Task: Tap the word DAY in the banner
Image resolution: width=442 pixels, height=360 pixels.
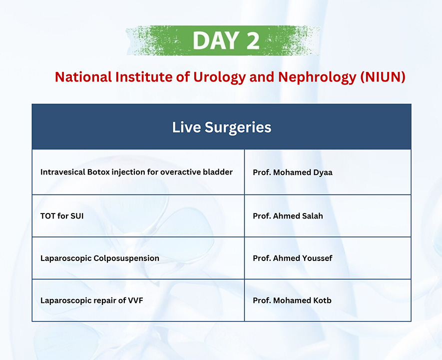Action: (x=216, y=40)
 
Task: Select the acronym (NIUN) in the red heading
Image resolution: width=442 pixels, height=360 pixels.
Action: (x=383, y=77)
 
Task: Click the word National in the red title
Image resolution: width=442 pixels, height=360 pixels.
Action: (x=83, y=77)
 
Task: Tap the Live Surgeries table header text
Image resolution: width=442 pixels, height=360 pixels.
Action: (x=222, y=127)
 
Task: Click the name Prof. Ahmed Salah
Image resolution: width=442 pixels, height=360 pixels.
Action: (x=288, y=216)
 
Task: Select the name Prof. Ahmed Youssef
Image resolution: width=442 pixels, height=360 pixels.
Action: (x=293, y=258)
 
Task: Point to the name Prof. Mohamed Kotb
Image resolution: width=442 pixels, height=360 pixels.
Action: (x=292, y=300)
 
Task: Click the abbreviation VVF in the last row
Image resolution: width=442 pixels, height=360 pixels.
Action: (x=135, y=300)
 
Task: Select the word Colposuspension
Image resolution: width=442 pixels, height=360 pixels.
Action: (x=126, y=258)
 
